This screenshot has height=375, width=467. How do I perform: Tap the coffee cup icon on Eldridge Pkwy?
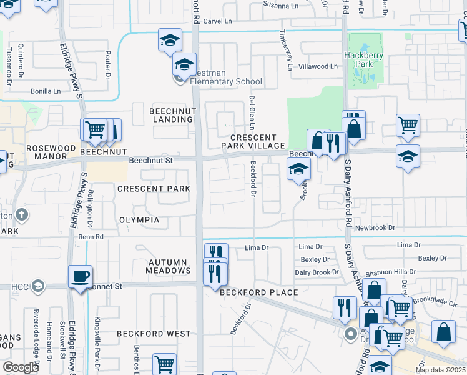81,276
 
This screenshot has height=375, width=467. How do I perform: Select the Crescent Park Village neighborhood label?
253,141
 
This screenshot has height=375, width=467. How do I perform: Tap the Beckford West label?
154,334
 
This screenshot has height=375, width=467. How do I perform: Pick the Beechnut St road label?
150,161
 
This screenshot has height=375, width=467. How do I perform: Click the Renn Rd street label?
91,237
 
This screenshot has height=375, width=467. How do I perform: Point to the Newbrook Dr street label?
375,228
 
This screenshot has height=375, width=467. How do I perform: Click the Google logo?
21,367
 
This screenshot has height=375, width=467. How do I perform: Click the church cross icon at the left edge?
22,215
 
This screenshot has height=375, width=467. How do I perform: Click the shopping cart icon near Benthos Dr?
164,364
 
